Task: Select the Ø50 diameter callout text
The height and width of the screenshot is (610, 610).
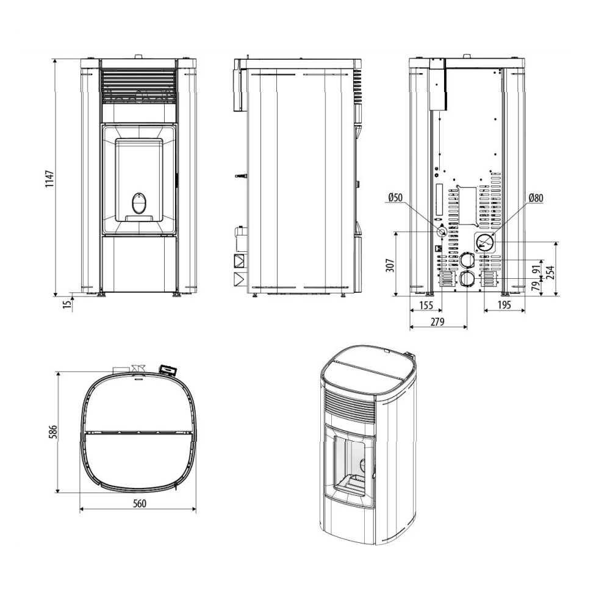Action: click(395, 198)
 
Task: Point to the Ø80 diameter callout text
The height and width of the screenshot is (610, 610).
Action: click(536, 198)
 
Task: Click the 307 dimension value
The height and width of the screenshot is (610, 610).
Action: click(390, 265)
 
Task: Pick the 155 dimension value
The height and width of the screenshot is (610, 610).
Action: click(426, 306)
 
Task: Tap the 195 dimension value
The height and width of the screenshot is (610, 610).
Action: click(504, 306)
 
